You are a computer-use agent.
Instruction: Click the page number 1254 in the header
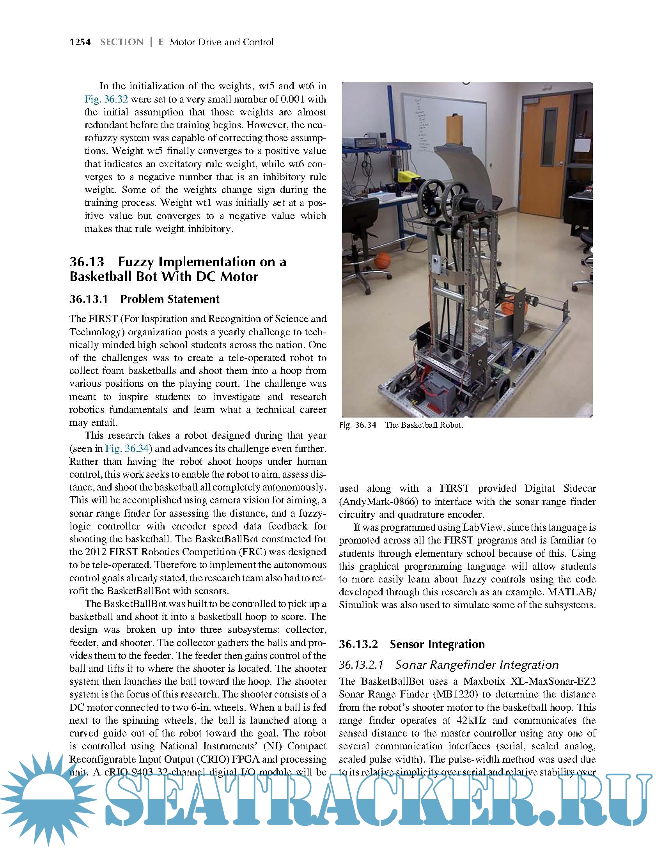80,42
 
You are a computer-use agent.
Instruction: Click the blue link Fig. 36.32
106,99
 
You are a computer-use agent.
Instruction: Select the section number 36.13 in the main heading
87,262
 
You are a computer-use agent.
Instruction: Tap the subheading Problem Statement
170,299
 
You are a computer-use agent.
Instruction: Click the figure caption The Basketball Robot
424,425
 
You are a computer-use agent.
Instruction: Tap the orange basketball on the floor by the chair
382,259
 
